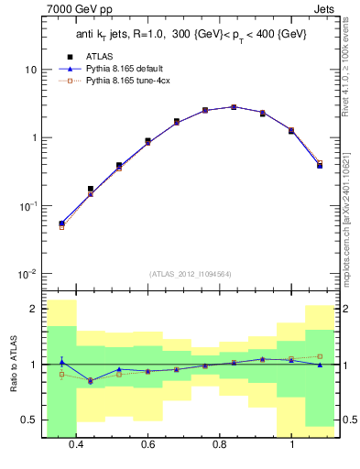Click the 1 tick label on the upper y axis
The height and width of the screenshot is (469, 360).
pos(33,138)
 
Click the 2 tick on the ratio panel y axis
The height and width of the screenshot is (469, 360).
pos(33,309)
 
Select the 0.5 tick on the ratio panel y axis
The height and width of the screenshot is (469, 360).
pos(29,420)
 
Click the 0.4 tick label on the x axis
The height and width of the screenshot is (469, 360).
pos(76,445)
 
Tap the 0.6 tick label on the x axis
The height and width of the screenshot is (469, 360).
pos(147,445)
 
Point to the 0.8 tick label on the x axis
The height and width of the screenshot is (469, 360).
pos(220,445)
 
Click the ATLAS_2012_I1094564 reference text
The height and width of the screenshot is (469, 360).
pos(189,274)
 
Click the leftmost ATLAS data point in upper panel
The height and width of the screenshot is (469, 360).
pos(61,223)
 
